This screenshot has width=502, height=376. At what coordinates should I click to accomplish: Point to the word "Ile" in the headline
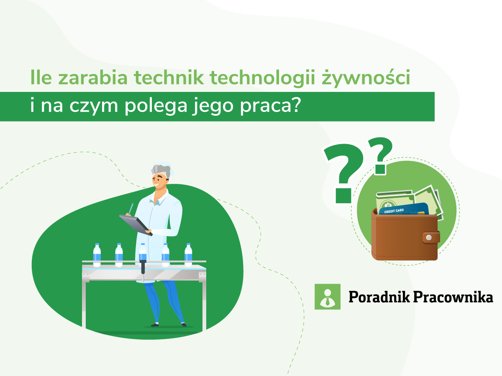(x=40, y=78)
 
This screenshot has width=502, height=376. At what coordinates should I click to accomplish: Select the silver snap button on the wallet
(x=428, y=238)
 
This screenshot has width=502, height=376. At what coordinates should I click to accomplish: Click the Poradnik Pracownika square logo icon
(x=328, y=297)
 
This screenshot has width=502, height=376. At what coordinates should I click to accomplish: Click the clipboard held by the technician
(x=135, y=224)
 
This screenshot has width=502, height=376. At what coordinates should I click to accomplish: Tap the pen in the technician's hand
(x=131, y=208)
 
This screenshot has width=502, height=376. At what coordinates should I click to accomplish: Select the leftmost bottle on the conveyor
(x=97, y=254)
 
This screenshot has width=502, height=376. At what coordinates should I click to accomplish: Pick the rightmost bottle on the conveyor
(x=188, y=254)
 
